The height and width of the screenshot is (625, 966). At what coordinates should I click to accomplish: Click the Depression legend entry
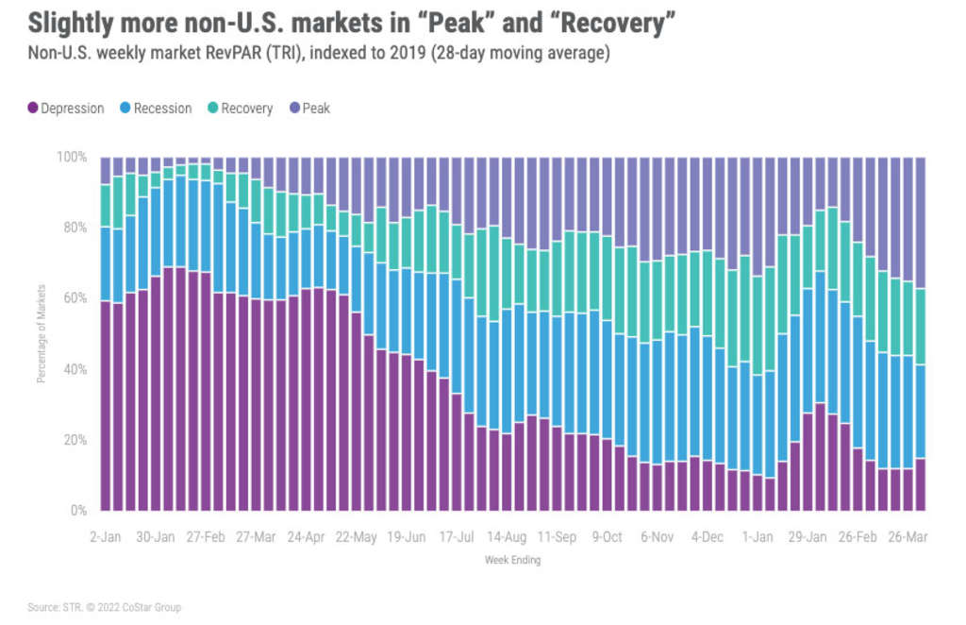(x=66, y=109)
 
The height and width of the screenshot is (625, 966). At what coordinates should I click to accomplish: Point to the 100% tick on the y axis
(x=73, y=157)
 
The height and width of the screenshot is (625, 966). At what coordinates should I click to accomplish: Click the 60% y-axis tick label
(x=75, y=298)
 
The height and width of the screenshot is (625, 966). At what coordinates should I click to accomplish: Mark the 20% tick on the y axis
(x=75, y=440)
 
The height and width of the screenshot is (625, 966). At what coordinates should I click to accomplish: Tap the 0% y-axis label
(x=78, y=512)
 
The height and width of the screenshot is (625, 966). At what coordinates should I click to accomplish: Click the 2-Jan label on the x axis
(x=105, y=537)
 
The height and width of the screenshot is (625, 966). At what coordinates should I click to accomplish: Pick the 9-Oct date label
(x=607, y=537)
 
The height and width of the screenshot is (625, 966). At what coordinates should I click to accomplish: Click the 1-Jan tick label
(x=758, y=537)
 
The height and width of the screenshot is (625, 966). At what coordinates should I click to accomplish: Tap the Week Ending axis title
(x=513, y=560)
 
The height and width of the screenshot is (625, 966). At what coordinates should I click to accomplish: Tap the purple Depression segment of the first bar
(x=106, y=406)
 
